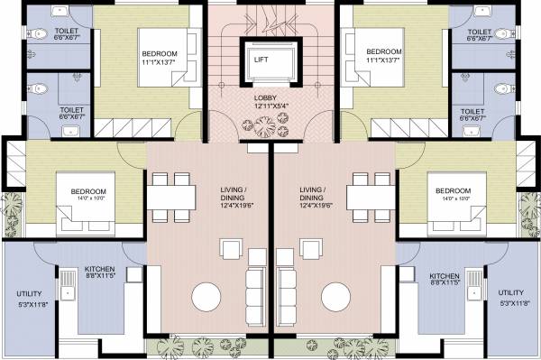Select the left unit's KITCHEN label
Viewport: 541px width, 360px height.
coord(99,274)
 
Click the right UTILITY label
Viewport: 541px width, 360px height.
coord(510,299)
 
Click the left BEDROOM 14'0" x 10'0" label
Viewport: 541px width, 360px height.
coord(88,196)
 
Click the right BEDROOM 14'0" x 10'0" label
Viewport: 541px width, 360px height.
coord(453,196)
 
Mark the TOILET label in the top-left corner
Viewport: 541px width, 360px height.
coord(42,35)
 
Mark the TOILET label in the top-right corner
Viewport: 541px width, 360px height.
coord(483,35)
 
